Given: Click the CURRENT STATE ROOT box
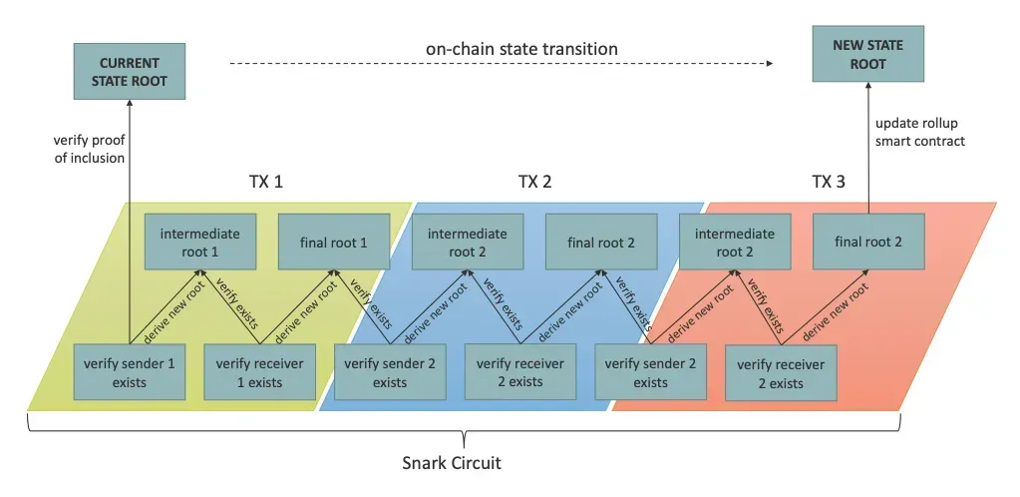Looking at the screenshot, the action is coord(130,72).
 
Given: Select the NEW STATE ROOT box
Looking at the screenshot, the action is coord(867,54).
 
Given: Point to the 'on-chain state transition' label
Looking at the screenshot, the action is coord(521,49).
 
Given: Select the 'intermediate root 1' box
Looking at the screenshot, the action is coord(199,242).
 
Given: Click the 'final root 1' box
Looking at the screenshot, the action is coord(334,242).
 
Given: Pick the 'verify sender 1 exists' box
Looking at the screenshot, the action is coord(130,371).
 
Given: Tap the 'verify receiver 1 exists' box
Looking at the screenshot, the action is coord(259,371).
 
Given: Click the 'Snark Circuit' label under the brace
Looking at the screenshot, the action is coord(452,463).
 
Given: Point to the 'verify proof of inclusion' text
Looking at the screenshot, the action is coord(89,149).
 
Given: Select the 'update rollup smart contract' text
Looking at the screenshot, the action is coord(920,132).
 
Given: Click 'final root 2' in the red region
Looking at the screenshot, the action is coord(868,242).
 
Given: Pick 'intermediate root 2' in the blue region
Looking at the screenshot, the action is coord(467,242).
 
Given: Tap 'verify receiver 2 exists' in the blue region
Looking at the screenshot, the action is coord(520,372).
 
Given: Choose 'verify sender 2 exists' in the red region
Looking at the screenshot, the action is coord(650,372).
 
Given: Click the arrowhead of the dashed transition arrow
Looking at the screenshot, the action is coord(770,63).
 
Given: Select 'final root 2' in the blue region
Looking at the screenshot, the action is coord(601,242).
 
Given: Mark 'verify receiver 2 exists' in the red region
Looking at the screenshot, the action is coord(781,372).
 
